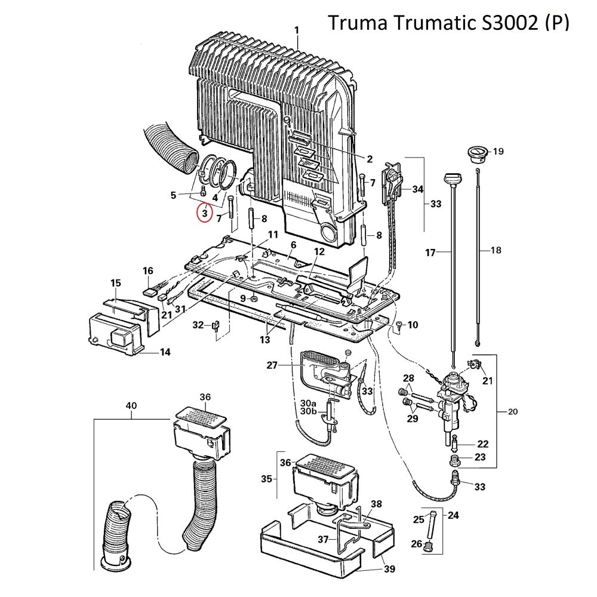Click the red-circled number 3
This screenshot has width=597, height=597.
pos(204,213)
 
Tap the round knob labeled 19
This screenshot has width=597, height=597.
pos(476,152)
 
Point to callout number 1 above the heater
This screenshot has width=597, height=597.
pos(297,30)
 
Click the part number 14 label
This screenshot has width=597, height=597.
pos(165,352)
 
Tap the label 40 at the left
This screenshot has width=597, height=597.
pos(131,406)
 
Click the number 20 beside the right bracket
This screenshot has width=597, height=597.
pos(513,411)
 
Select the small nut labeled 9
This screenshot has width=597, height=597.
pos(254,298)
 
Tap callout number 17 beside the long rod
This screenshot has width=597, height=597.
pos(430,253)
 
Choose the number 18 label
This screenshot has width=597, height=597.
pos(496,251)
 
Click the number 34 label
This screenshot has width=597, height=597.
pos(417,189)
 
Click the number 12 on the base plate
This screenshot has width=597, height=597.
pos(319,251)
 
